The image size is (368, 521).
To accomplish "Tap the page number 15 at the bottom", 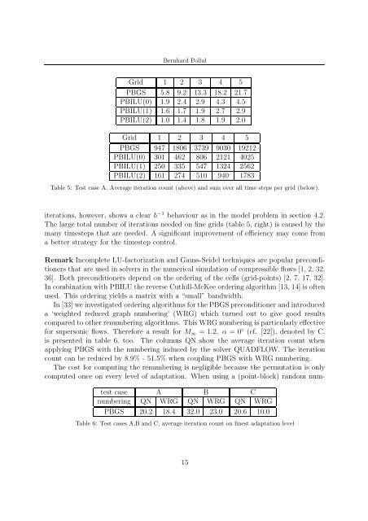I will (183, 485).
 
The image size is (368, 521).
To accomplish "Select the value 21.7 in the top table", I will (245, 94).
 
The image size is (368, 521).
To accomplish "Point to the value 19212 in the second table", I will (251, 149).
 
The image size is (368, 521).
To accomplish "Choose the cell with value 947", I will (149, 149).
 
